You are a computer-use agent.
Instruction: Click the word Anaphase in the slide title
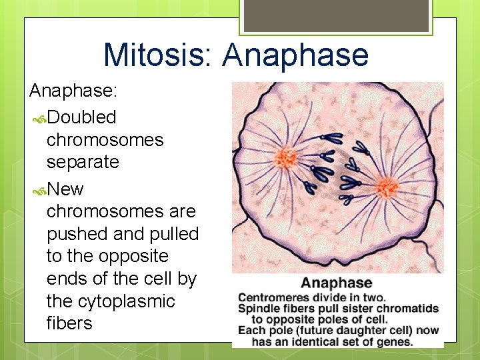[x=295, y=55]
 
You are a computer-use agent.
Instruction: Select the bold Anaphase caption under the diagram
[x=337, y=283]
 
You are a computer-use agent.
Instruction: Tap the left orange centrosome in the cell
[x=287, y=158]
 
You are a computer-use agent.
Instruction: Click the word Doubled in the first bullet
[x=81, y=117]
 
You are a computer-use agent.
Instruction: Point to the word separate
[x=83, y=162]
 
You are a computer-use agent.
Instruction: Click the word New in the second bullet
[x=65, y=189]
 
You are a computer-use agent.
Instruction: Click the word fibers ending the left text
[x=69, y=323]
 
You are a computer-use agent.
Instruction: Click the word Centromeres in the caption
[x=269, y=297]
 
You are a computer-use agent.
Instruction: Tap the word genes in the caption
[x=397, y=342]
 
